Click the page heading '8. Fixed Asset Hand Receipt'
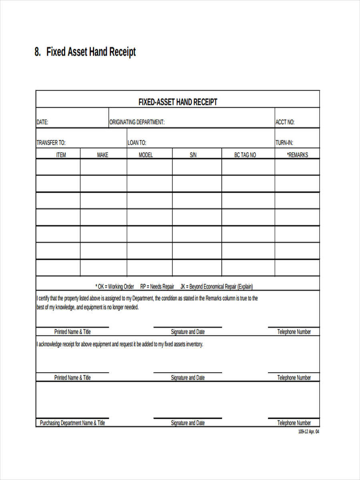point(85,52)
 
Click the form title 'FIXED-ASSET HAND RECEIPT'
point(178,102)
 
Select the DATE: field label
point(42,122)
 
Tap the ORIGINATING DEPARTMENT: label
point(137,122)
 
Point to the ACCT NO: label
point(285,122)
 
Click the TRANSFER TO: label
point(51,143)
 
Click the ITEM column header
point(61,155)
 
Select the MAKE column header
point(103,155)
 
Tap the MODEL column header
point(146,155)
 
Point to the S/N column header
point(193,155)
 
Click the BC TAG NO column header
point(245,155)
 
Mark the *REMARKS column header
point(297,155)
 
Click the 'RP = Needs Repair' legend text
point(157,286)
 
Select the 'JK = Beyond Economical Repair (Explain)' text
point(216,286)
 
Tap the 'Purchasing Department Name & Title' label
point(72,423)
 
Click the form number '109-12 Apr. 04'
point(309,432)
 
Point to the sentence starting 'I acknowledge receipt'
point(120,344)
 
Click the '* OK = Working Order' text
point(114,286)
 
